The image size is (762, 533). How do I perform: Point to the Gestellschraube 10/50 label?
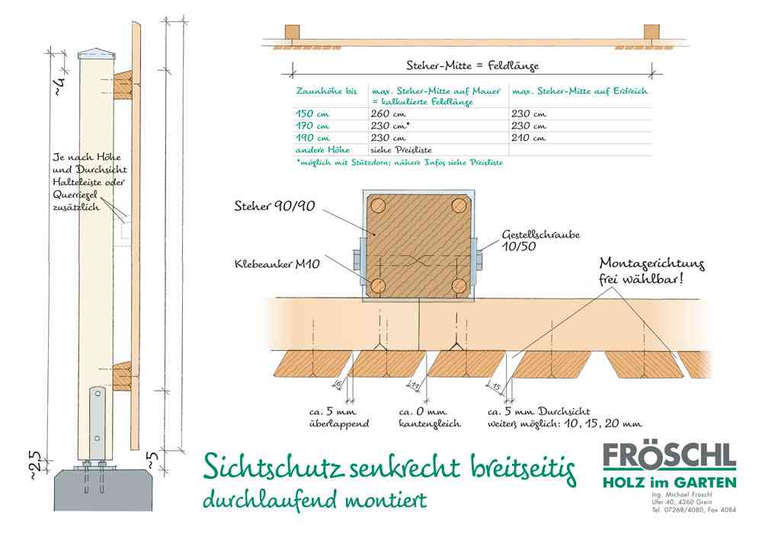(541, 241)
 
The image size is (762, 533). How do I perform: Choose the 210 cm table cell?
(529, 138)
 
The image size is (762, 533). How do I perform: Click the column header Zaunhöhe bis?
(325, 91)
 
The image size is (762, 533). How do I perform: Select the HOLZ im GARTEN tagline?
(669, 483)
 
